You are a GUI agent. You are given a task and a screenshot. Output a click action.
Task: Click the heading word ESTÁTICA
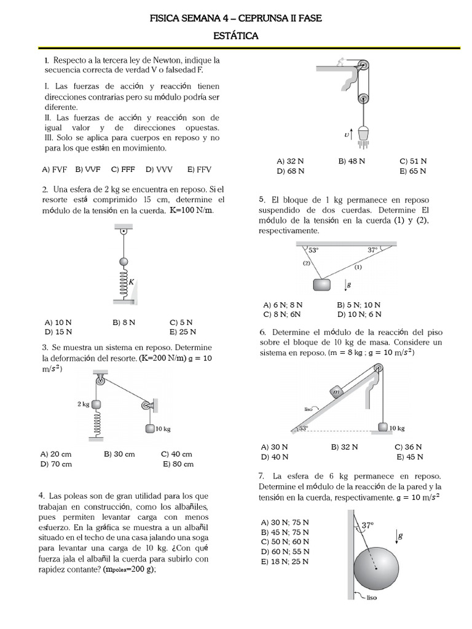tap(235, 36)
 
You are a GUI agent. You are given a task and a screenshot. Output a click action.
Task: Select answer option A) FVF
tap(55, 169)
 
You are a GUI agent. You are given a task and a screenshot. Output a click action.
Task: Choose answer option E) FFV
tap(200, 169)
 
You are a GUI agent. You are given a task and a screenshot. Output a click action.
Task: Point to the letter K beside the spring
tap(131, 281)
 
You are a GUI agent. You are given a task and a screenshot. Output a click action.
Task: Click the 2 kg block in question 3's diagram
tap(96, 404)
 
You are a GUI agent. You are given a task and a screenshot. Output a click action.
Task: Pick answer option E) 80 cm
tap(178, 464)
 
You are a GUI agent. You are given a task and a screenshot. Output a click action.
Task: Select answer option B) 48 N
tap(352, 161)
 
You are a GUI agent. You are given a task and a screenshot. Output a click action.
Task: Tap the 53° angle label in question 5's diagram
tap(313, 250)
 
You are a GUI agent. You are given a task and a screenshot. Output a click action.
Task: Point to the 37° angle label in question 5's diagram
tap(372, 250)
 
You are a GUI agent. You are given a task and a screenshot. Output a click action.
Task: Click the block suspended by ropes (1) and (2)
tap(321, 285)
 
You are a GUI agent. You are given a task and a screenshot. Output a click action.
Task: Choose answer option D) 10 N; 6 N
tap(359, 314)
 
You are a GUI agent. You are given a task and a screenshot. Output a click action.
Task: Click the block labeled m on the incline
tap(336, 392)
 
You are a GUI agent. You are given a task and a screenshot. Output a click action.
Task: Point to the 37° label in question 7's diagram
tap(367, 526)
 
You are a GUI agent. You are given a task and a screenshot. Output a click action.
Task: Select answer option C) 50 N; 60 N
tap(285, 541)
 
